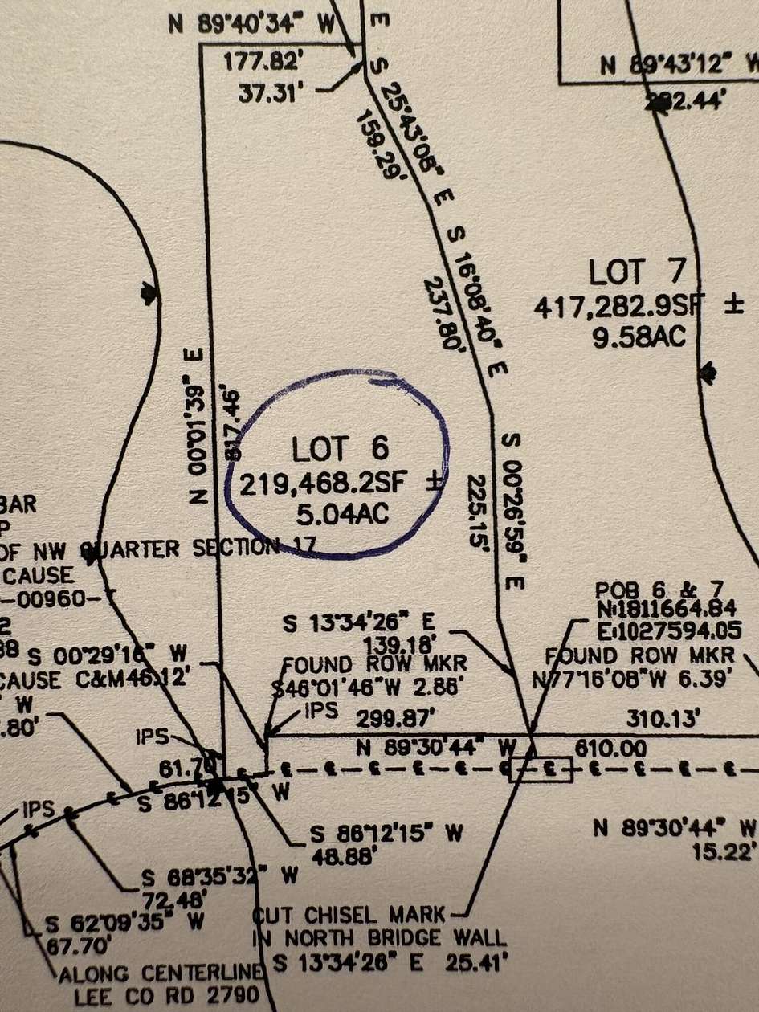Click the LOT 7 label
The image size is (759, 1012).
pyautogui.click(x=638, y=272)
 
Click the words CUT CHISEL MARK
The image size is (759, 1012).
pyautogui.click(x=349, y=915)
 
